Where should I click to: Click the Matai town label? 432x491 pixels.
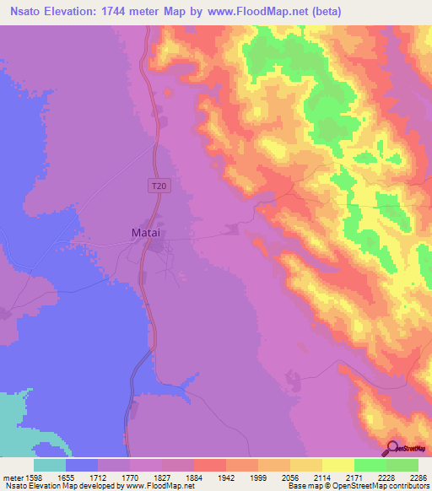pyautogui.click(x=146, y=231)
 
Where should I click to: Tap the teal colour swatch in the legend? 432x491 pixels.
pyautogui.click(x=50, y=465)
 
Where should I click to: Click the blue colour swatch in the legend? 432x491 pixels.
pyautogui.click(x=82, y=465)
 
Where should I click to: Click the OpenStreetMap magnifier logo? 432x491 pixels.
pyautogui.click(x=392, y=446)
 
